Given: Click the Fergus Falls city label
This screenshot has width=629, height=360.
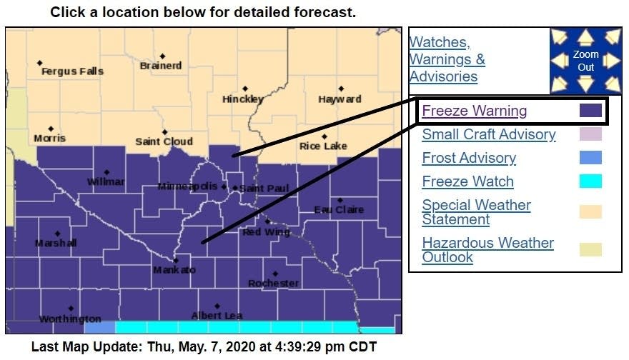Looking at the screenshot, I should tap(72, 71).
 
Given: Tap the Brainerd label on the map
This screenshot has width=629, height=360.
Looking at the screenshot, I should tap(161, 66).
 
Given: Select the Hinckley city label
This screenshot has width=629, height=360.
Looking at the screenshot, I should tap(243, 99).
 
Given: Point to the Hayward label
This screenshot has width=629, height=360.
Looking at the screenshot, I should tap(340, 99).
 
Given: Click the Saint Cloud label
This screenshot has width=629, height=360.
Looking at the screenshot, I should tap(164, 141).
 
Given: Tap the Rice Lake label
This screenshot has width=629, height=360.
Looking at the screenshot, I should tap(323, 146).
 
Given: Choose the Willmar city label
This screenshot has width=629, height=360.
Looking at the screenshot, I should tap(106, 182).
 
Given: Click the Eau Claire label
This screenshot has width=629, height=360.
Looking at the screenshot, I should tap(339, 210).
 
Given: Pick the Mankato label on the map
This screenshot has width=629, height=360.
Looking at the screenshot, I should tap(174, 271).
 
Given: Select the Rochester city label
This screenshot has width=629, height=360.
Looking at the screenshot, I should tap(273, 284).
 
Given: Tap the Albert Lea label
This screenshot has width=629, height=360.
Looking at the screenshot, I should tap(217, 316).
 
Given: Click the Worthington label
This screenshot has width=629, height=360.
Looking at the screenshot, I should tap(70, 319).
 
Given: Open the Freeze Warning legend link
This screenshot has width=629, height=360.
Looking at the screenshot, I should tap(475, 111).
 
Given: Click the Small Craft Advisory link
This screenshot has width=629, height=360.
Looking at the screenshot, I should tap(488, 134).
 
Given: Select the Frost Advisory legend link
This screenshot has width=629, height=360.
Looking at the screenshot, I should tap(469, 158).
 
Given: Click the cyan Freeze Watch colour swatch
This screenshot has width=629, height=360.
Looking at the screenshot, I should tap(590, 181).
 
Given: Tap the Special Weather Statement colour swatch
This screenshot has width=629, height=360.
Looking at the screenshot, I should tap(590, 212).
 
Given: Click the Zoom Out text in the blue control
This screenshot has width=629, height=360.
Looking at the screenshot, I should tap(585, 61).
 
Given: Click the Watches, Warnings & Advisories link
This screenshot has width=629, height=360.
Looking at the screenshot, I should tap(447, 59).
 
